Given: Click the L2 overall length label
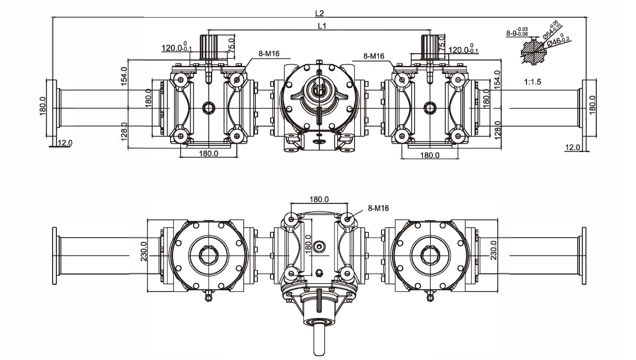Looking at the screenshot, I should tap(319, 13).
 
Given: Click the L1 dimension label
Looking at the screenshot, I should tap(322, 26).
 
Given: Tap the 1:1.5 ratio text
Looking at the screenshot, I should tap(532, 82).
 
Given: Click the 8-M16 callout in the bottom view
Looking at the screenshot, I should tap(378, 208).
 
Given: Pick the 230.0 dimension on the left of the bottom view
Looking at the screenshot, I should tap(144, 251).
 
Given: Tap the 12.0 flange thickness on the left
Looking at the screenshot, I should tap(65, 143).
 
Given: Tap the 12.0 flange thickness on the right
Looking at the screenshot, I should tap(573, 147).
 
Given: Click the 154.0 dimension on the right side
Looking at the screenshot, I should tap(497, 79).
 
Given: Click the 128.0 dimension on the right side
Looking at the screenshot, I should tap(497, 130).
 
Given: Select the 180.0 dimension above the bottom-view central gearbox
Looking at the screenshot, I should tap(319, 199).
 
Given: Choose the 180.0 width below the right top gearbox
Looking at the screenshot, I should tap(429, 155).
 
